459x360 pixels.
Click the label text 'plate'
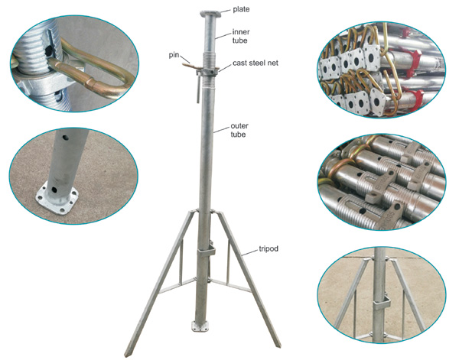[x=241, y=9]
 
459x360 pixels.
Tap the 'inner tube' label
[x=241, y=36]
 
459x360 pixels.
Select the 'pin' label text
[x=174, y=55]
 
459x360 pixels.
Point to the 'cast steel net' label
[x=256, y=63]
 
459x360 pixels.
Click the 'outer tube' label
[x=239, y=130]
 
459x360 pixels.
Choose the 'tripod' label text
[x=269, y=249]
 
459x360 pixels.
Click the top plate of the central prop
[x=210, y=13]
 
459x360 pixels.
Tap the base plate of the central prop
[x=200, y=326]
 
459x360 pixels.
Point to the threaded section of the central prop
[x=209, y=60]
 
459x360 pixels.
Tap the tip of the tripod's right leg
[x=278, y=345]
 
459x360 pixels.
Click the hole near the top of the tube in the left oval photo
[x=63, y=136]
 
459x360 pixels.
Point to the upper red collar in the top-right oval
[x=411, y=57]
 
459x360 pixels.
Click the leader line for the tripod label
[x=249, y=252]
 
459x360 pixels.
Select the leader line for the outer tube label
[x=222, y=129]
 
